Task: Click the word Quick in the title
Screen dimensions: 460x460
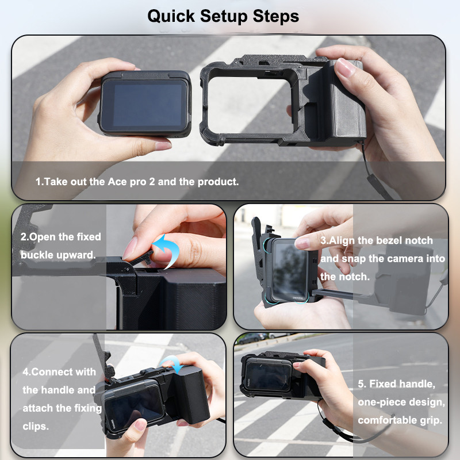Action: [171, 17]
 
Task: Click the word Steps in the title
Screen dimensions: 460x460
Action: [276, 16]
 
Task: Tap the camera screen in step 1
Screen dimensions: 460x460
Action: [145, 105]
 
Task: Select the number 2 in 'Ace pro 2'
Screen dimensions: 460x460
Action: [152, 182]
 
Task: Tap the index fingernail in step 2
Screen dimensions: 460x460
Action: [130, 248]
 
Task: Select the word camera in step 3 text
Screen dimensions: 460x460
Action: [403, 259]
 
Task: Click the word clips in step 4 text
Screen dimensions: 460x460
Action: [36, 426]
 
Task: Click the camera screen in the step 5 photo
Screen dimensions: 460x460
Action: [268, 376]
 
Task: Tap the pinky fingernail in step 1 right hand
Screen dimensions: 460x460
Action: [343, 68]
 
